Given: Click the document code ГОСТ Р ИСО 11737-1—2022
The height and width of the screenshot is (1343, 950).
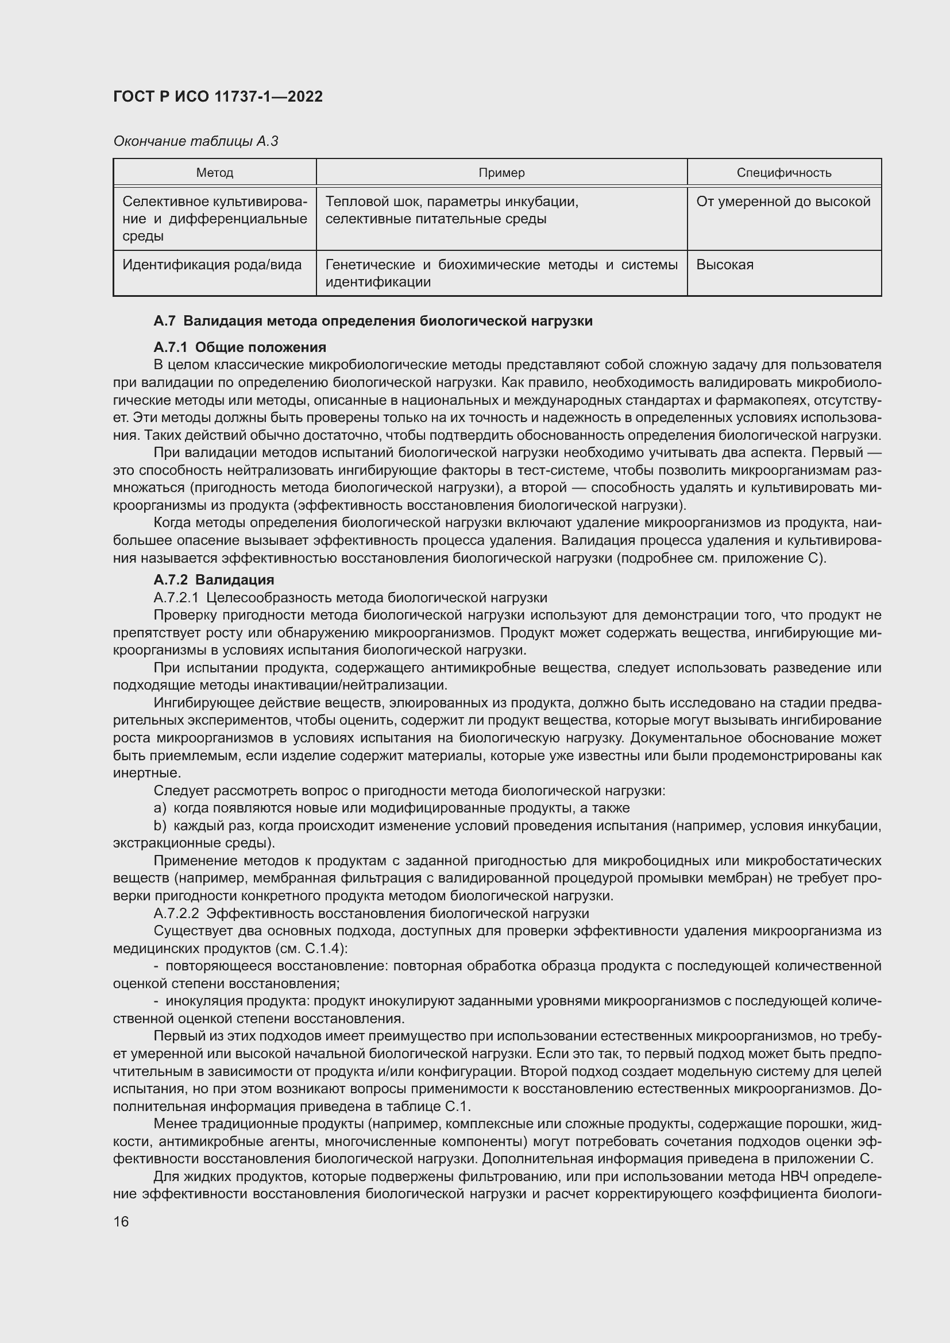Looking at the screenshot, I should click(x=218, y=96).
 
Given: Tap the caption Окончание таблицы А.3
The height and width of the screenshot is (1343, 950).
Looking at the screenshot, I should click(x=195, y=141).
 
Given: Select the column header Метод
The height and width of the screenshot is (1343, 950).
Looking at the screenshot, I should click(x=215, y=173).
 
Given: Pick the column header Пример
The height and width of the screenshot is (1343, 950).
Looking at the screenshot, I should click(x=501, y=173).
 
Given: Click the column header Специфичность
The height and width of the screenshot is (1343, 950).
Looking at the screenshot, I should click(x=783, y=173).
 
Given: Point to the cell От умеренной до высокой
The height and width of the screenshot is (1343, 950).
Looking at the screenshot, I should click(x=783, y=202).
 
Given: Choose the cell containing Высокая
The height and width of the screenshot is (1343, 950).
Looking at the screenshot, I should click(x=725, y=265).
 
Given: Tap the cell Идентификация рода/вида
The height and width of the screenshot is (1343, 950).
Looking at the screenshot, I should click(x=212, y=265).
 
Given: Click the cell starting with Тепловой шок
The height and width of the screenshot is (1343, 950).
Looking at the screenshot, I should click(x=451, y=210).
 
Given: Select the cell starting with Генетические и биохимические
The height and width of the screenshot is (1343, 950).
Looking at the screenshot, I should click(x=501, y=273).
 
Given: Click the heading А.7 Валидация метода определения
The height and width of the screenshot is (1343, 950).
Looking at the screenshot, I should click(x=373, y=320).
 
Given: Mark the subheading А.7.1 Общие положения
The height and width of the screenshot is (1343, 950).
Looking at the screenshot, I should click(x=240, y=347).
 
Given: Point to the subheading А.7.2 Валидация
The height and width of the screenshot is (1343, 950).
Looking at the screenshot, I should click(x=214, y=580).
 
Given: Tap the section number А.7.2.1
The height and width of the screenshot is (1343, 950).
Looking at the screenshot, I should click(x=176, y=598).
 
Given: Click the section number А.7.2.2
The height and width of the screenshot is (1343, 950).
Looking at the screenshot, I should click(x=176, y=914).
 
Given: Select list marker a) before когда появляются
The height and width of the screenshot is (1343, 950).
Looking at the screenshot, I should click(x=160, y=808).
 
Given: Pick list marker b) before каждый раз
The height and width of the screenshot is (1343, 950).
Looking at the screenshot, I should click(x=160, y=826).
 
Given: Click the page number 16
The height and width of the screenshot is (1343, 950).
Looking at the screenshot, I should click(x=121, y=1222).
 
